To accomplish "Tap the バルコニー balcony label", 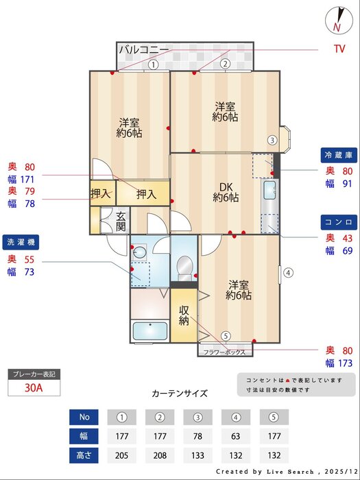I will [143, 50].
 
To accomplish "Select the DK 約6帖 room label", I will [226, 193].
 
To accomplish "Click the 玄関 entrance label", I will [120, 221].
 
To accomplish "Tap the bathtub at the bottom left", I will [149, 331].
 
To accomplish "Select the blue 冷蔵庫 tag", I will [338, 154].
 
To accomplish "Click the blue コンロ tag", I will [338, 222].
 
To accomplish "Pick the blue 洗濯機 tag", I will [23, 242].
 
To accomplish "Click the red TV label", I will [339, 49].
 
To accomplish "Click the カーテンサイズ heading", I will [179, 394].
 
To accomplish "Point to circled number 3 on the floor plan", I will [272, 141].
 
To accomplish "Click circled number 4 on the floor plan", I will [289, 272].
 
